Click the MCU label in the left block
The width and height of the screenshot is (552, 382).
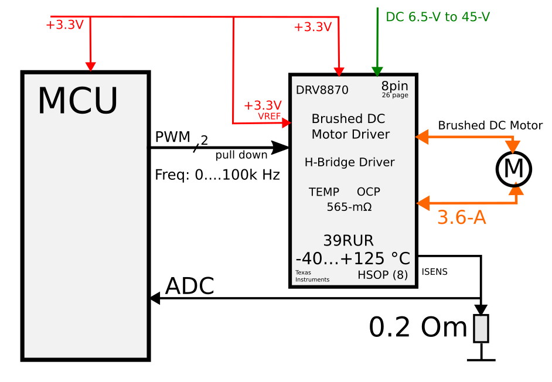[x=77, y=101]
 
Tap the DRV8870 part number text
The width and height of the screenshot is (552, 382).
[x=322, y=90]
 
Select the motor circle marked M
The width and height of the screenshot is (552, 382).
[x=514, y=169]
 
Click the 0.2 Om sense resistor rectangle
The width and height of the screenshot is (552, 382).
[x=481, y=329]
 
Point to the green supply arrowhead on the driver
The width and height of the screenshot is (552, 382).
[x=377, y=71]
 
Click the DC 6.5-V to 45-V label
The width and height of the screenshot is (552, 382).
[x=438, y=17]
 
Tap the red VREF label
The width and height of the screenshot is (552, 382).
[x=270, y=116]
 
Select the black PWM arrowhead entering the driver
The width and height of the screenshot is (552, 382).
[x=281, y=148]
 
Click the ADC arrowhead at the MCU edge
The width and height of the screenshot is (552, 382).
[x=155, y=299]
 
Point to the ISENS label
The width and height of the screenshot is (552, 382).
[x=434, y=272]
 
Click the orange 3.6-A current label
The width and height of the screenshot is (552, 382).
[x=462, y=217]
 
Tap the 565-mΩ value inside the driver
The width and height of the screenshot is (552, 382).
[x=349, y=207]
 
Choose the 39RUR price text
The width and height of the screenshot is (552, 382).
[x=349, y=240]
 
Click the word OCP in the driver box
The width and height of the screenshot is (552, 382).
[x=369, y=192]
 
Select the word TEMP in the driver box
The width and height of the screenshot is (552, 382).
[x=324, y=192]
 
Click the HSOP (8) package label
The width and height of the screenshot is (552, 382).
[x=383, y=275]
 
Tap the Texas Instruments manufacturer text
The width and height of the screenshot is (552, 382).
[x=312, y=276]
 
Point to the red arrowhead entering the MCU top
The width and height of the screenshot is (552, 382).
[x=90, y=67]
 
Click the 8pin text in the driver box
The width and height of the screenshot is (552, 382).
[x=394, y=86]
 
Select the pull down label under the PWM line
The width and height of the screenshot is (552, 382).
[x=241, y=155]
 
